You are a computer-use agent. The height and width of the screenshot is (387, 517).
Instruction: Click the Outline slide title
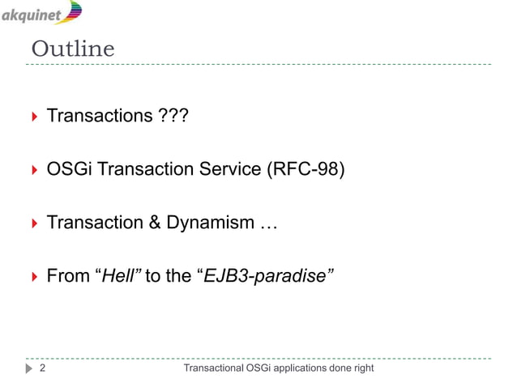pos(73,49)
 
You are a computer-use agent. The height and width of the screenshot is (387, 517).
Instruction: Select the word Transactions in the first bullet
pos(96,117)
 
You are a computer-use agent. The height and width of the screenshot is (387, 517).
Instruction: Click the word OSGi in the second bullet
pos(70,170)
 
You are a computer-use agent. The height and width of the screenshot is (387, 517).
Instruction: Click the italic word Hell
pos(118,275)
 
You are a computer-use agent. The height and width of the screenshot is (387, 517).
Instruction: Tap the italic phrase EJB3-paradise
pos(264,275)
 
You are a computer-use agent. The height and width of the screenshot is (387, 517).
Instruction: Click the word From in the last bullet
pos(67,275)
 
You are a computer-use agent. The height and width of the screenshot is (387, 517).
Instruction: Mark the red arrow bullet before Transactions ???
pos(34,118)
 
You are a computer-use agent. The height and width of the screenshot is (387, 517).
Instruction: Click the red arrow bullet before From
pos(34,276)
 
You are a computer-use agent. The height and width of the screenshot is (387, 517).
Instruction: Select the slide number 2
pos(42,370)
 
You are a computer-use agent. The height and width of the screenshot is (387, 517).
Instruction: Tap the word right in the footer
pos(362,370)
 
